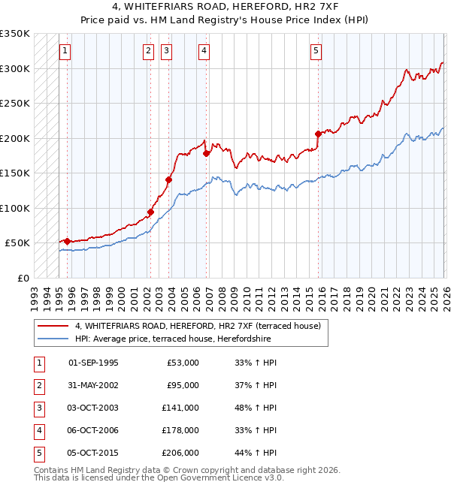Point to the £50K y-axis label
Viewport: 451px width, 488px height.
coord(18,242)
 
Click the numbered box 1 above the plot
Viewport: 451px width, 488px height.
coord(65,51)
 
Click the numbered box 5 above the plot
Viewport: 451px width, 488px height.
coord(316,51)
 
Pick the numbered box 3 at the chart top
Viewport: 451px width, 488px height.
coord(166,51)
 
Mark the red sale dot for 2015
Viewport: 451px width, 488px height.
coord(318,134)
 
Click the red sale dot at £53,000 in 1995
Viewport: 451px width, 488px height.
coord(68,241)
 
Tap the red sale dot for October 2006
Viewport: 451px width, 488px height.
coord(206,153)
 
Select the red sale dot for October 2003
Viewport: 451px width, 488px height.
coord(168,179)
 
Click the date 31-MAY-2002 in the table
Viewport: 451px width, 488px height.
coord(92,385)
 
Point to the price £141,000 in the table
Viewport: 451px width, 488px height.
coord(180,408)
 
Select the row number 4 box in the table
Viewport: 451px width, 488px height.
coord(38,430)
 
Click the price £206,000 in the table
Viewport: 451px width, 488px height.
coord(180,453)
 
